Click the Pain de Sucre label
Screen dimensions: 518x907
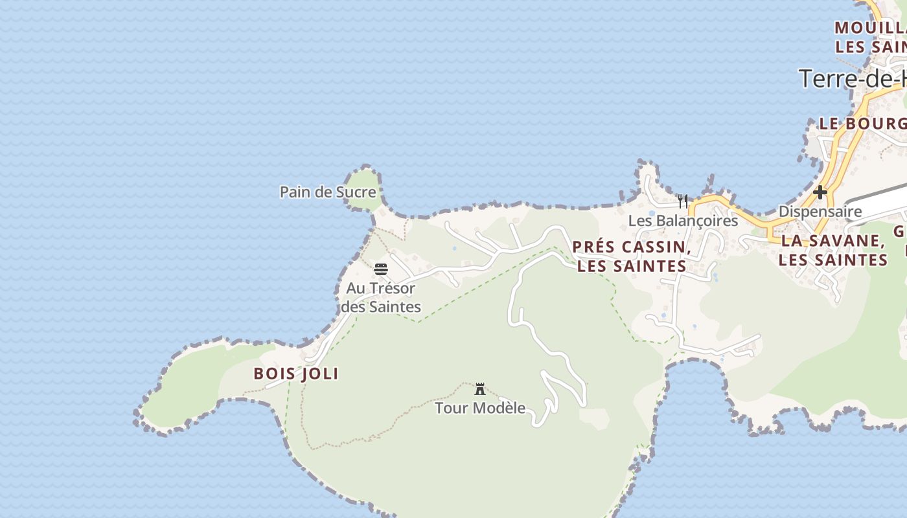coord(327,192)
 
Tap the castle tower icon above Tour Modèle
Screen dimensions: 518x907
coord(480,389)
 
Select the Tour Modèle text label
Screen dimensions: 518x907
coord(480,408)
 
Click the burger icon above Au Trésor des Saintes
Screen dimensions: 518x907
coord(381,269)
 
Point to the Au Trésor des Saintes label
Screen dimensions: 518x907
coord(381,297)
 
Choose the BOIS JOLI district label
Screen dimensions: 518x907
coord(296,374)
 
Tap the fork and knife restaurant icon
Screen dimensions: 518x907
coord(682,201)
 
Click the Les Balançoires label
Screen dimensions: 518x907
coord(683,220)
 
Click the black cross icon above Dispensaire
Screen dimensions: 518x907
coord(820,192)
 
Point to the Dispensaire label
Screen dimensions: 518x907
coord(820,211)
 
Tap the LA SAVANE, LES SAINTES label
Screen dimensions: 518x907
coord(832,250)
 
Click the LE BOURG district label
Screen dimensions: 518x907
coord(862,124)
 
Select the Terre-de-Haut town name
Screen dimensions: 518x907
coord(852,79)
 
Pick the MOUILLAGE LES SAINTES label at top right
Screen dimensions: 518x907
coord(870,38)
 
